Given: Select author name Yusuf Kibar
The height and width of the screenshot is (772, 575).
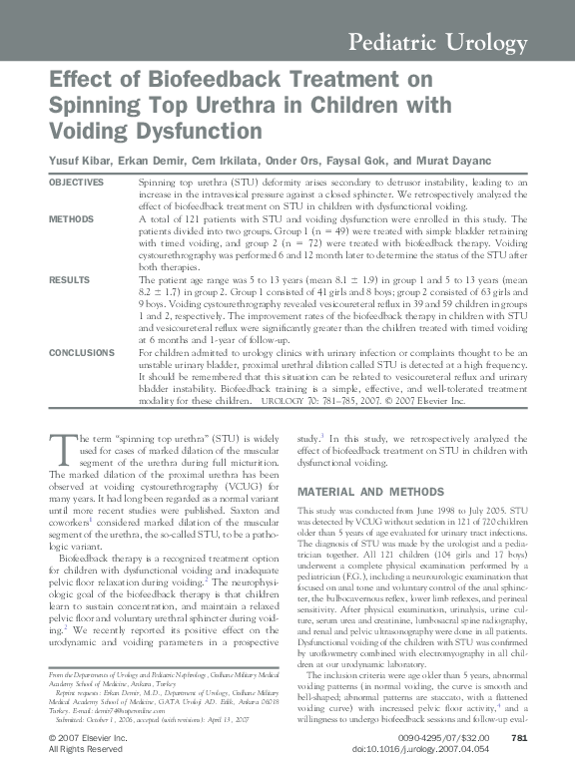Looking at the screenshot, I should coord(81,161).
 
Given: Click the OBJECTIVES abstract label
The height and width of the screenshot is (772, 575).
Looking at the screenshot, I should coord(76,182).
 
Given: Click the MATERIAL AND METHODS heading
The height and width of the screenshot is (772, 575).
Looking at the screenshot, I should coord(371,492).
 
